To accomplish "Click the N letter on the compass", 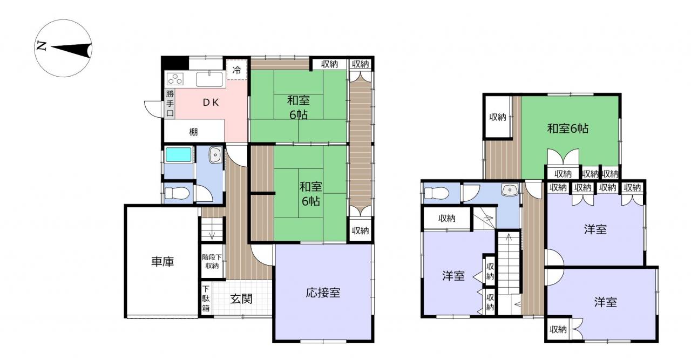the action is click(x=42, y=46).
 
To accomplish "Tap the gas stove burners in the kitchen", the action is click(x=175, y=79).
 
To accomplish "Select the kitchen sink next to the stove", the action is click(x=209, y=79).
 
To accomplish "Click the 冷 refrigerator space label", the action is click(x=236, y=70).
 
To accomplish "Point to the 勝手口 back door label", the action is click(x=170, y=103).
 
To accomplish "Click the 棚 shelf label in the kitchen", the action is click(x=193, y=132).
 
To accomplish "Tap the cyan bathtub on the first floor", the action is click(x=178, y=154).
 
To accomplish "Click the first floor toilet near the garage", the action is click(x=177, y=193).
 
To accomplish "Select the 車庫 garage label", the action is click(x=162, y=262).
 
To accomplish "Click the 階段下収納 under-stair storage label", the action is click(x=212, y=261).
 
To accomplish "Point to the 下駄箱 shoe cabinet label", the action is click(x=206, y=298).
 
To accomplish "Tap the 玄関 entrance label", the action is click(x=241, y=298).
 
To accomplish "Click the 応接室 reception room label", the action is click(x=323, y=293).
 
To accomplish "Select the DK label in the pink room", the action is click(x=211, y=103).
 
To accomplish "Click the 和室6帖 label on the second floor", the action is click(x=567, y=128).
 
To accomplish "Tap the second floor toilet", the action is click(x=436, y=193).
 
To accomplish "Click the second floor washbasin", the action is click(x=510, y=189).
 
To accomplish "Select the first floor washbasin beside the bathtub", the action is click(x=215, y=154).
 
